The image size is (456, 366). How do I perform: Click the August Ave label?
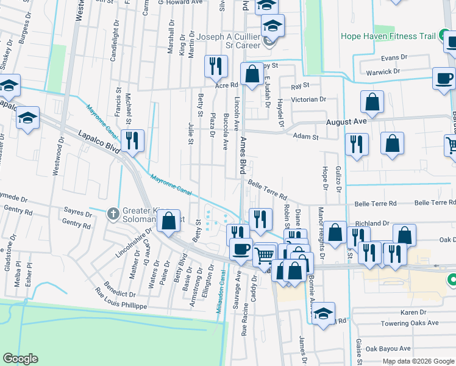point(346,121)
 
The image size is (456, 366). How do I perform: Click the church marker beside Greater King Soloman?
point(112,214)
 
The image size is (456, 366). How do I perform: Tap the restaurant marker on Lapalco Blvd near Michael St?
point(132,141)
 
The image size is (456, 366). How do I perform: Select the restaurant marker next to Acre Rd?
point(215,66)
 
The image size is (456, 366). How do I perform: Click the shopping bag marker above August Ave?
point(372,102)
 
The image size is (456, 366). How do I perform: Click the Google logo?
point(20,359)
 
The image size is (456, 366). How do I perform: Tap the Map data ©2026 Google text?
point(418,361)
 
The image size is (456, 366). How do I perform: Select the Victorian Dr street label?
point(309,99)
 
